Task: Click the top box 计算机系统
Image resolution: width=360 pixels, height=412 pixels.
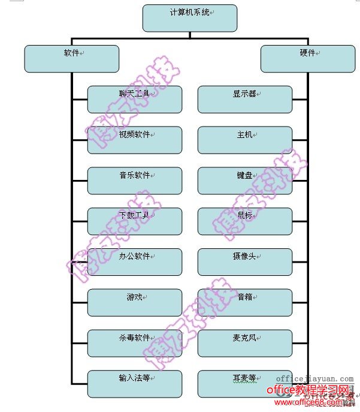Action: (x=190, y=18)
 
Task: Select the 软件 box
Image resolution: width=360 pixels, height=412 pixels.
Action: (x=71, y=59)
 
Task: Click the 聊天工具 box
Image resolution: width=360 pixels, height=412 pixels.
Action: (x=135, y=100)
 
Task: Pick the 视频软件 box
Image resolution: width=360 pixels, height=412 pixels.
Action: (x=135, y=140)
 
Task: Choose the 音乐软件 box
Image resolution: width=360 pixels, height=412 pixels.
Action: (x=135, y=181)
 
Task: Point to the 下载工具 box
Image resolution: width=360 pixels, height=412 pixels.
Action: (x=135, y=221)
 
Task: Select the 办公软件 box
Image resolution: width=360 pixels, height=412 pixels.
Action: (x=135, y=262)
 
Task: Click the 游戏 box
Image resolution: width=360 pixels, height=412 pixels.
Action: (x=135, y=302)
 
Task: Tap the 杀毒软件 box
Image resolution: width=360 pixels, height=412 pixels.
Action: (x=135, y=343)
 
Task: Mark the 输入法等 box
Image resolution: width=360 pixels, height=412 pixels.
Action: (x=135, y=384)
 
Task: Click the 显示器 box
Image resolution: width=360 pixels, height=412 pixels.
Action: (x=245, y=100)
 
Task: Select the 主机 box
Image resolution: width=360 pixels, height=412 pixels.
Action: (x=245, y=140)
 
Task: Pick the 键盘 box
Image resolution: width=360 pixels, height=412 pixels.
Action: (x=245, y=181)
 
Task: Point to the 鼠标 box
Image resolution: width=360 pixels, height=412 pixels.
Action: (x=245, y=221)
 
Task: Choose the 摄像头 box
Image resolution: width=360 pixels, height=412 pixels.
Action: (x=245, y=262)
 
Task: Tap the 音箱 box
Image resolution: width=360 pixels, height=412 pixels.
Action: (x=245, y=302)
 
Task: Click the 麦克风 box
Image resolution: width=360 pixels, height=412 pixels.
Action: (x=245, y=343)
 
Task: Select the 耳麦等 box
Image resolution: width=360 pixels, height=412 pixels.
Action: (x=245, y=384)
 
